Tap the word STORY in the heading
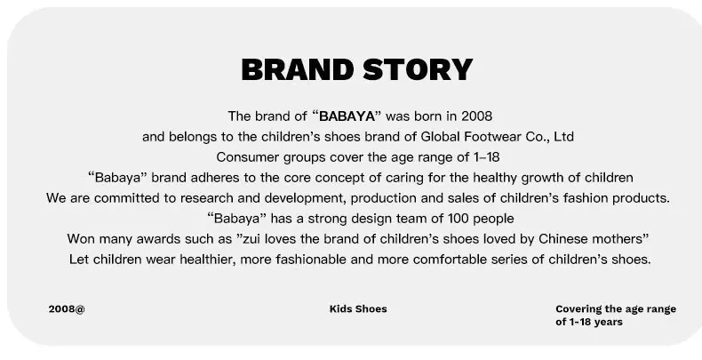[x=418, y=69]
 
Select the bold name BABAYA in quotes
[x=347, y=116]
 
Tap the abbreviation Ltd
[x=563, y=137]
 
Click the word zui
[x=251, y=239]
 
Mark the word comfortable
[x=450, y=260]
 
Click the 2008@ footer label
[x=67, y=309]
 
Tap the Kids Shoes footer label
[x=358, y=309]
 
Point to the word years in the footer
[x=608, y=322]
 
